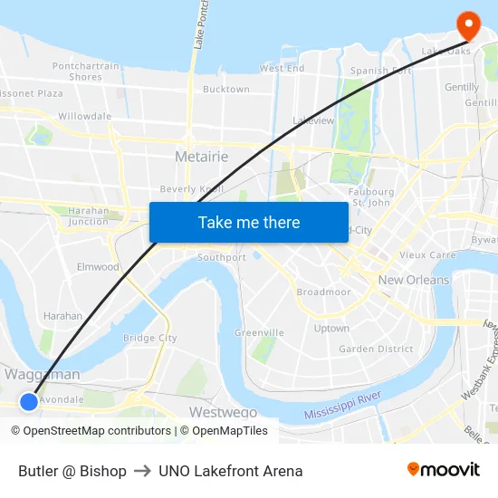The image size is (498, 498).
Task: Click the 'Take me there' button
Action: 248,222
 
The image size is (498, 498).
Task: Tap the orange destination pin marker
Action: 469,24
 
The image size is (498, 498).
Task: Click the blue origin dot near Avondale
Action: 28,401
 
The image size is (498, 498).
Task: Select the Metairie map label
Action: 201,157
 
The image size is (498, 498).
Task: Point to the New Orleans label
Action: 414,280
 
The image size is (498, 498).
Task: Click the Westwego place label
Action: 223,412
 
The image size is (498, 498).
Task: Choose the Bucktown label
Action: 225,90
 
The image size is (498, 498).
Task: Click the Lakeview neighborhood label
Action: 314,120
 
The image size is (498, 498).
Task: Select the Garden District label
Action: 376,349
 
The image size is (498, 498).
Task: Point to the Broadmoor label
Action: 323,292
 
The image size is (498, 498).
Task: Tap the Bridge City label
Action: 150,338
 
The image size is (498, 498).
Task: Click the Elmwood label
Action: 98,267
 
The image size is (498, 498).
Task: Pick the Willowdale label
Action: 84,116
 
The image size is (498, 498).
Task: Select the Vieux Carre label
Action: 427,255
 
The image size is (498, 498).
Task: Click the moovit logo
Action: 444,470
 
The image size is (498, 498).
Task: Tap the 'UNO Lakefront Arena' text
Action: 230,471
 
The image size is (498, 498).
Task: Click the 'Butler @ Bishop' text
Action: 72,471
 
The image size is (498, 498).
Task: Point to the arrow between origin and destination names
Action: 142,471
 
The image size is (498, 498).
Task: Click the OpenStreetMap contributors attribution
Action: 92,431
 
